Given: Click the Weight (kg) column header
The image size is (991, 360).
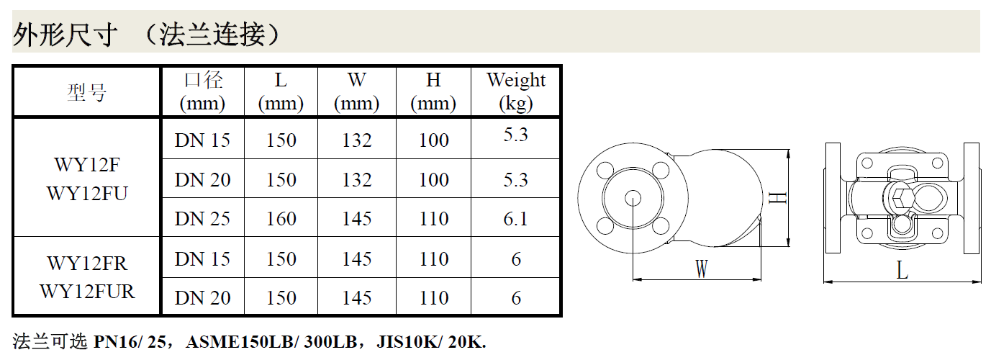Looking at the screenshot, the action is click(x=516, y=91).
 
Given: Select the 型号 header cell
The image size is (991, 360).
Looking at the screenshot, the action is click(x=86, y=93).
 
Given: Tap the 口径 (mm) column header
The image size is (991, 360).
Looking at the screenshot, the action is click(x=203, y=91).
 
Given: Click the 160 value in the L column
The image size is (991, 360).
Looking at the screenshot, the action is click(x=281, y=219).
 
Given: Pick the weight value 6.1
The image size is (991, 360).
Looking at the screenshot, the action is click(x=516, y=219).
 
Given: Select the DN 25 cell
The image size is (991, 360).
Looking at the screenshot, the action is click(x=203, y=219).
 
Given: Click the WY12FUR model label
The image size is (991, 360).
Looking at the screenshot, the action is click(x=87, y=292).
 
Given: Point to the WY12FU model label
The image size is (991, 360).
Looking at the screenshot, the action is click(x=87, y=194).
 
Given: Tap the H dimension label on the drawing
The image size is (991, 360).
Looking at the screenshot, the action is click(x=777, y=198).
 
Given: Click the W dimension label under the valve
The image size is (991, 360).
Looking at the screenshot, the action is click(x=702, y=269).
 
